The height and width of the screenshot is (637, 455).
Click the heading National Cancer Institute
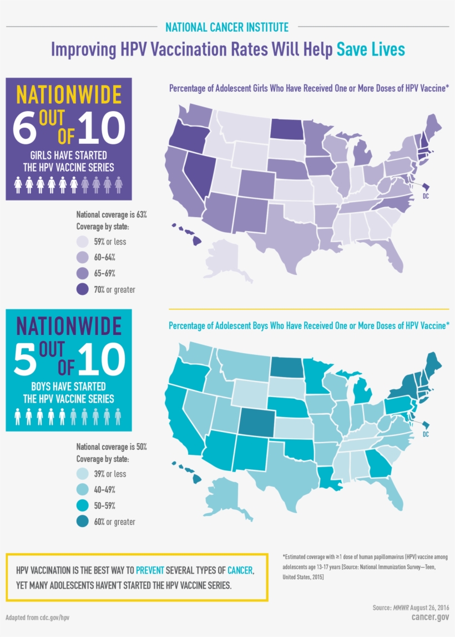click(227, 27)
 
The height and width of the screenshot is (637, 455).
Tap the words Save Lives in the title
click(371, 49)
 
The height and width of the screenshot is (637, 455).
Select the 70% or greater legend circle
click(83, 289)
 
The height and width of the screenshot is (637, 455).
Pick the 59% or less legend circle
click(83, 242)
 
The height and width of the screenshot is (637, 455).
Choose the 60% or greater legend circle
click(83, 521)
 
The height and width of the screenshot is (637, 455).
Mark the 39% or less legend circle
click(83, 474)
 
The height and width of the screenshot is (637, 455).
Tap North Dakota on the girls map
click(288, 129)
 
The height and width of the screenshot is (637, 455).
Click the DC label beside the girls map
click(426, 196)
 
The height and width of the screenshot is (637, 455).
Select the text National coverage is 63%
click(111, 214)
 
